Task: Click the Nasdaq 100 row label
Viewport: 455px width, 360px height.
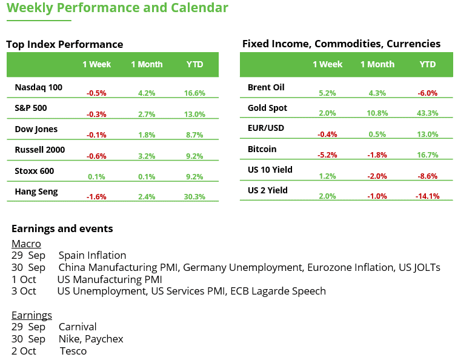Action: coord(38,87)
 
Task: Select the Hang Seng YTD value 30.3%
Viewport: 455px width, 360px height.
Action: coord(194,197)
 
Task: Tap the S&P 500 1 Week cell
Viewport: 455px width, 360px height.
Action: coord(96,114)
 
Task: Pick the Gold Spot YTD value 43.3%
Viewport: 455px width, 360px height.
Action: coord(427,114)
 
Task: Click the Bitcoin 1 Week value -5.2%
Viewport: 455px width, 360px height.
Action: coord(327,155)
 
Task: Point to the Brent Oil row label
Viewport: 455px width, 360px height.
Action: coord(266,87)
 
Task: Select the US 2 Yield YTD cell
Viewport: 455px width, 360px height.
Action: coord(427,196)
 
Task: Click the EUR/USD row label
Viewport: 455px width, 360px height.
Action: coord(266,128)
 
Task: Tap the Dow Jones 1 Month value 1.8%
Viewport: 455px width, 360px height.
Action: coord(147,135)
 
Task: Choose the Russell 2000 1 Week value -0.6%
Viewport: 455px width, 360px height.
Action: coord(96,156)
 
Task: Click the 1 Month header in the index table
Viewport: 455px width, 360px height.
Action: coord(147,64)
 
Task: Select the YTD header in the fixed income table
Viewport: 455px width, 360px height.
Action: coord(427,64)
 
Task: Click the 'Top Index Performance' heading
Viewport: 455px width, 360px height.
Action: coord(64,44)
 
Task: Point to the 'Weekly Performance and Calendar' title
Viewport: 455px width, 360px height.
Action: coord(118,8)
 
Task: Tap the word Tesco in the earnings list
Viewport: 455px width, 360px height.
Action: coord(73,351)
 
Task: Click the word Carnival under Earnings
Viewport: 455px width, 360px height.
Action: coord(78,327)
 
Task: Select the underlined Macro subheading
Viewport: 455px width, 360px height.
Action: coord(26,243)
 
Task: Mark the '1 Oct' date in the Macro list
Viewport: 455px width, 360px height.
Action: coord(24,279)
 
